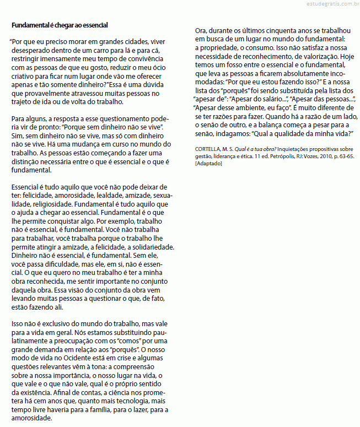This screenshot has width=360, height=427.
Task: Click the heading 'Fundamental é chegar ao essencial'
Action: tap(60, 25)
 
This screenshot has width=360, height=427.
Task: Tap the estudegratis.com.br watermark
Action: tap(330, 4)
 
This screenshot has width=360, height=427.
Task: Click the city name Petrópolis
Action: tap(290, 156)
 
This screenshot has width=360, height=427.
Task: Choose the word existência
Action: tap(34, 392)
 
